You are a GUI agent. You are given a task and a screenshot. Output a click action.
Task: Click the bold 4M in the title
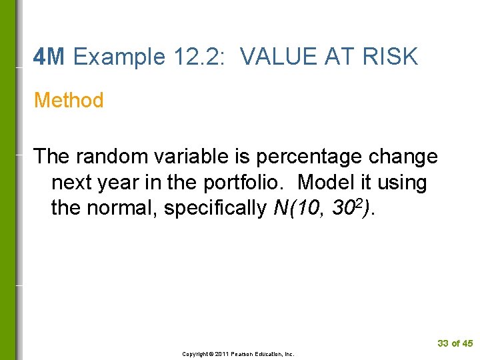[49, 57]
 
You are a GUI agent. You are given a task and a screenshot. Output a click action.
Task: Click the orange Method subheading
[69, 101]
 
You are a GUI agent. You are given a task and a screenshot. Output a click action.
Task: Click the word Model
[325, 182]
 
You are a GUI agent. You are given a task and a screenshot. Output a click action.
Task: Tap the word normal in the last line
[122, 208]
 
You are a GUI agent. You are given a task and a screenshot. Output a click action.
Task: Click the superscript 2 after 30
[363, 203]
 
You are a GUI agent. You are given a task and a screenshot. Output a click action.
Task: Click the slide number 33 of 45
[455, 343]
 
